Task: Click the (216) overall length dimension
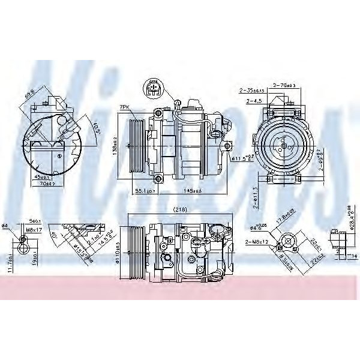tap(178, 210)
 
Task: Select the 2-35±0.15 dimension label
tap(253, 91)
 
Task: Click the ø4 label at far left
tap(4, 226)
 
